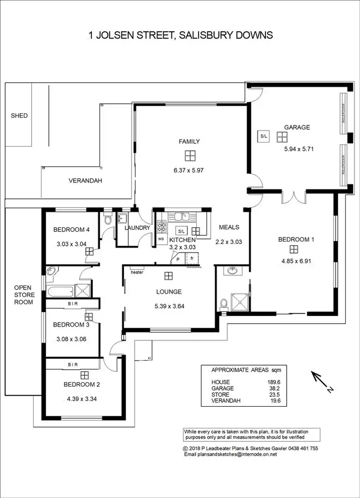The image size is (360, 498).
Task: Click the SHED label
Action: [19, 116]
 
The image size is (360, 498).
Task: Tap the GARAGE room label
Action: [297, 127]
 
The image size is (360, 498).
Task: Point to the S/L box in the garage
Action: [264, 136]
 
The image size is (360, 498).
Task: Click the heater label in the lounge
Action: [137, 272]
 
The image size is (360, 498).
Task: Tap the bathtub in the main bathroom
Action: [60, 290]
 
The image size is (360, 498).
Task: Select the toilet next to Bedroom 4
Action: [108, 219]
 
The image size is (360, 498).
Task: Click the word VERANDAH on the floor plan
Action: [85, 181]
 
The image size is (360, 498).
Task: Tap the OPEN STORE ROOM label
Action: [24, 295]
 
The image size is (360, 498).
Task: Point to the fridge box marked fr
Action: [192, 258]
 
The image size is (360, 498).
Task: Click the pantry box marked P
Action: [178, 259]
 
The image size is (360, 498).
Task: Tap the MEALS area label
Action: [228, 227]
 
